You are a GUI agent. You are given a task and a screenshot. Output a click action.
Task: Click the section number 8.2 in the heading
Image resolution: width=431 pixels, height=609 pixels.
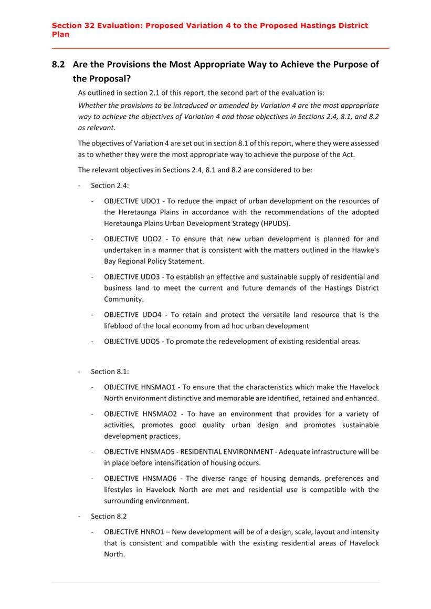pyautogui.click(x=58, y=65)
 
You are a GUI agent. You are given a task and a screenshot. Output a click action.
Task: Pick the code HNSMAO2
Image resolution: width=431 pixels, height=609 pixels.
pyautogui.click(x=161, y=414)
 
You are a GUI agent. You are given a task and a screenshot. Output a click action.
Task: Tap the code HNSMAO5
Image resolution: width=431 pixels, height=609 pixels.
pyautogui.click(x=160, y=451)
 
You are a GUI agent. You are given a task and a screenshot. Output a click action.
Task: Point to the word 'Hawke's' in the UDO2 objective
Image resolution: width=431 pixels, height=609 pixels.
pyautogui.click(x=365, y=250)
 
